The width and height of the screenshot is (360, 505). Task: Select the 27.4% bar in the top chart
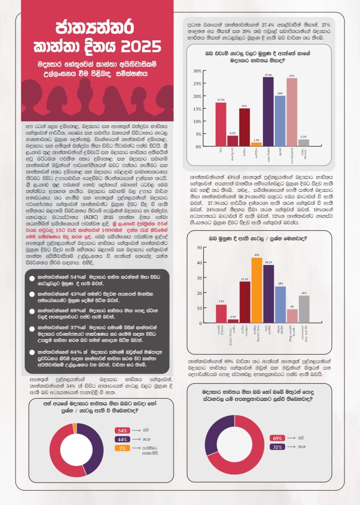(268, 112)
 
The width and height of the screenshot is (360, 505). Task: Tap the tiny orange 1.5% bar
(255, 144)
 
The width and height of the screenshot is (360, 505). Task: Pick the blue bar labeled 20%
(280, 121)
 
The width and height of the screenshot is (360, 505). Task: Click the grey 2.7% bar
(304, 143)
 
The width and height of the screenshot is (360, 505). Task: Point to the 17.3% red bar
(221, 124)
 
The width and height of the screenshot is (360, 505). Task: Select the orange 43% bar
(256, 290)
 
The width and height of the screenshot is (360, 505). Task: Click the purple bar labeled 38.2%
(269, 294)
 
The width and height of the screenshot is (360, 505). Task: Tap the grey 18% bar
(304, 309)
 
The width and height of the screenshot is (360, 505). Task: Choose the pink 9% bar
(292, 316)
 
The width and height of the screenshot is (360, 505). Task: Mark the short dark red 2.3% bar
(233, 321)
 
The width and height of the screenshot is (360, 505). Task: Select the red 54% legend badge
(122, 430)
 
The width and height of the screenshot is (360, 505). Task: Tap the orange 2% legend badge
(122, 448)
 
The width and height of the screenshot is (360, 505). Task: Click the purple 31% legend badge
(277, 447)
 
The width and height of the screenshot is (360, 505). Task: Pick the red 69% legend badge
(277, 438)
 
